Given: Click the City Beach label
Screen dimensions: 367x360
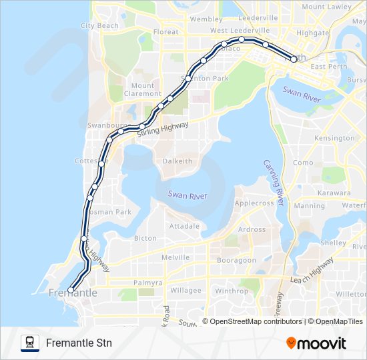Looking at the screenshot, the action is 99,25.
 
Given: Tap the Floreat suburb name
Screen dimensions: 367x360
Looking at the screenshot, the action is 166,31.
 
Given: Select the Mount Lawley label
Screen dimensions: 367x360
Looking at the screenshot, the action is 326,7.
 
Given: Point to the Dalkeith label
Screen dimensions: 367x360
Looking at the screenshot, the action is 177,161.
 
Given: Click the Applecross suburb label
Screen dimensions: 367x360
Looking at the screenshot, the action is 254,203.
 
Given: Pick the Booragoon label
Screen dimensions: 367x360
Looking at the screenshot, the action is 236,260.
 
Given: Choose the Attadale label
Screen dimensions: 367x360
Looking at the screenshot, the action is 185,226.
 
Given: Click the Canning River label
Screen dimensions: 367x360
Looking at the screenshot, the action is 274,181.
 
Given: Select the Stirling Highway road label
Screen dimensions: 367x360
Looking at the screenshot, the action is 163,129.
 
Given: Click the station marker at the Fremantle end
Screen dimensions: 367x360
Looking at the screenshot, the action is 71,290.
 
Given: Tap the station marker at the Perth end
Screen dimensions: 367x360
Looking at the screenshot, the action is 294,59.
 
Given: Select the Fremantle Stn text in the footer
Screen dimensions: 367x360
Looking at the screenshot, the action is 79,343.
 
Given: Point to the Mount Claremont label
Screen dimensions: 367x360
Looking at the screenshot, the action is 142,89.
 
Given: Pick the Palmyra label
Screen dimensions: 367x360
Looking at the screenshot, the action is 147,283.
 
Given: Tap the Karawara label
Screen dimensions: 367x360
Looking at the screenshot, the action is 334,193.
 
